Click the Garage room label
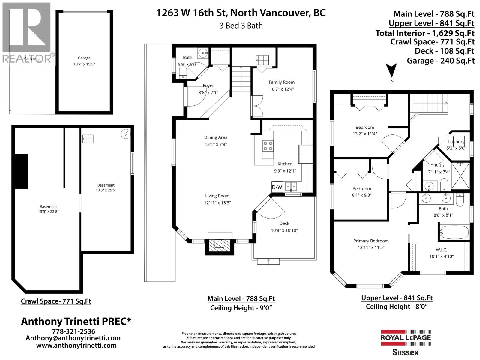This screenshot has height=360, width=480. pyautogui.click(x=84, y=58)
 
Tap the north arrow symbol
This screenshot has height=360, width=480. pyautogui.click(x=391, y=71)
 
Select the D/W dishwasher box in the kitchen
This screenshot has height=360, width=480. pyautogui.click(x=277, y=187)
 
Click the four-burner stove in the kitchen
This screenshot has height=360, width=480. pyautogui.click(x=268, y=145)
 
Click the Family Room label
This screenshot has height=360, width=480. pyautogui.click(x=281, y=82)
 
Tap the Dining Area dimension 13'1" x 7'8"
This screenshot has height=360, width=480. pyautogui.click(x=216, y=144)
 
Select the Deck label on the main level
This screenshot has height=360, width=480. pyautogui.click(x=284, y=223)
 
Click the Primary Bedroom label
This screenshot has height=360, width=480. pyautogui.click(x=371, y=241)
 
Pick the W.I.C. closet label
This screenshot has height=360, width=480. pyautogui.click(x=441, y=250)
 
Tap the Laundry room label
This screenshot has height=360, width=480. pyautogui.click(x=456, y=142)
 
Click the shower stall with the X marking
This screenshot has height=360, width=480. pyautogui.click(x=460, y=175)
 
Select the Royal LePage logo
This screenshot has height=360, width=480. pyautogui.click(x=406, y=337)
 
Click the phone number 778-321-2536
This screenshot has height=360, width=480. pyautogui.click(x=73, y=331)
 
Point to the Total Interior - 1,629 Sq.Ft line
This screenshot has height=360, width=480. pyautogui.click(x=425, y=33)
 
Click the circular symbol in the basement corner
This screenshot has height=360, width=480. pyautogui.click(x=126, y=134)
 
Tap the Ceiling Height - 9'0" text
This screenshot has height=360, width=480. pyautogui.click(x=241, y=308)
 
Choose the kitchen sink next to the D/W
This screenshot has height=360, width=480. pyautogui.click(x=291, y=187)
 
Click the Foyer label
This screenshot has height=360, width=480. pyautogui.click(x=208, y=86)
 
